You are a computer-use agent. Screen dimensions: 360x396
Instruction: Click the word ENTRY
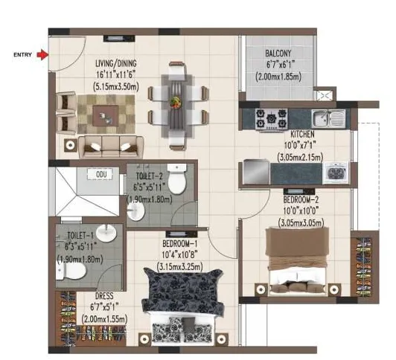[x=23, y=54]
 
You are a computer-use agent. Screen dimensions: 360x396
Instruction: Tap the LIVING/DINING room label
[x=116, y=64]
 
